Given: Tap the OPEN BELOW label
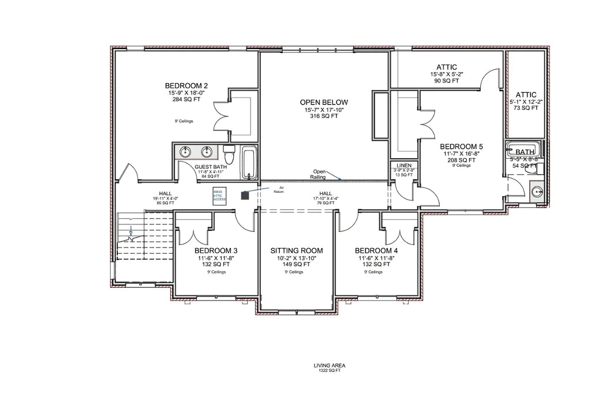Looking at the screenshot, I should tap(324, 102).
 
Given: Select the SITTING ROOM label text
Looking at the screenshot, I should tap(297, 251).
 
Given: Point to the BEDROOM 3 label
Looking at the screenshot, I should tap(216, 251).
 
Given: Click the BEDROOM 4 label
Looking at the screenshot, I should tap(376, 251).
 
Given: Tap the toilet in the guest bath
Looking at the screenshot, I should tap(229, 154).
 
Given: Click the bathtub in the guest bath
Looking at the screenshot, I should tap(249, 163).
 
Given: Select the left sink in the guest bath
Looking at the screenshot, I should tap(186, 152).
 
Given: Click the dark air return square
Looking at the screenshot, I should tap(245, 196).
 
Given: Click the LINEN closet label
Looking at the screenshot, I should tap(404, 165).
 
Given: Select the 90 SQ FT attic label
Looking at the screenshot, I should tap(447, 81).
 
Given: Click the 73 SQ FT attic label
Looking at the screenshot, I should tap(526, 108).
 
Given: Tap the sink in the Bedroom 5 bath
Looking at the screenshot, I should tap(536, 191).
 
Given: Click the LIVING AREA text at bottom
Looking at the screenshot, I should tap(327, 365).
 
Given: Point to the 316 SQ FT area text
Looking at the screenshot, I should tap(324, 116).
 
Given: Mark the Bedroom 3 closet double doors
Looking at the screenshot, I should tap(197, 234).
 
